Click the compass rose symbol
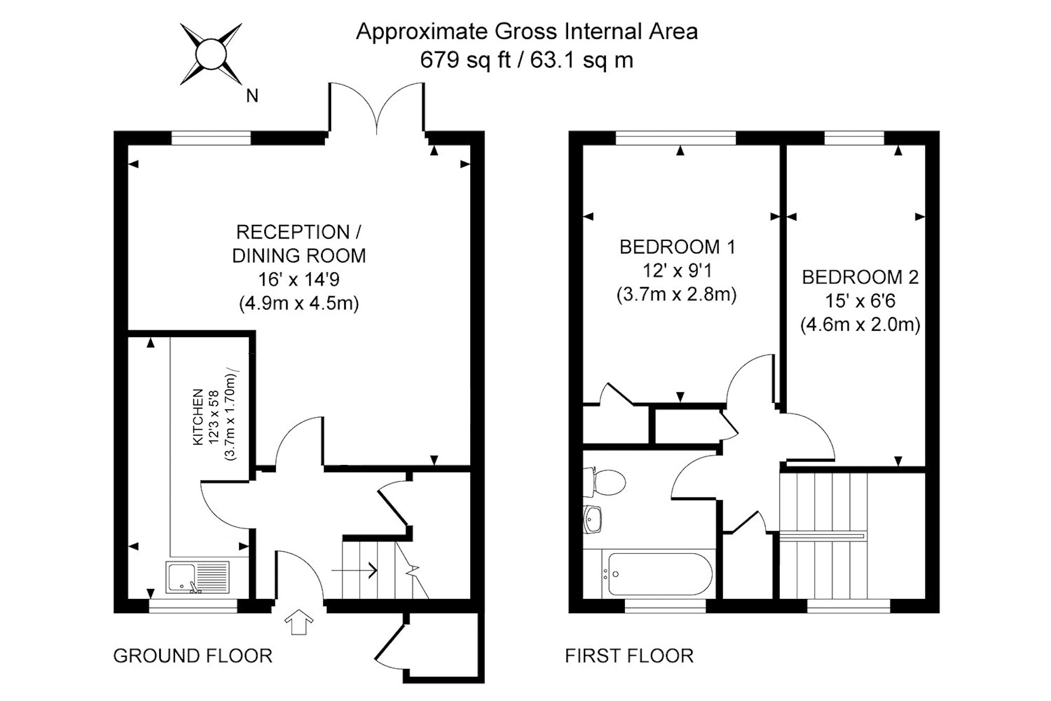(211, 54)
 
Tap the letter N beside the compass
(252, 96)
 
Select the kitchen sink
(198, 577)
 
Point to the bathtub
(657, 574)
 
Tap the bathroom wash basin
(593, 520)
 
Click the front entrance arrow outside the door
(298, 622)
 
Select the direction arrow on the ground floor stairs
(355, 570)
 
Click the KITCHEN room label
(198, 417)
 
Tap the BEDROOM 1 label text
(677, 247)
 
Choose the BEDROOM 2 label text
(860, 277)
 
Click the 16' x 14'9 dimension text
(298, 279)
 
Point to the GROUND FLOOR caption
(193, 656)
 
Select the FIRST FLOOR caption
(629, 656)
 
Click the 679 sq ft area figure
(465, 60)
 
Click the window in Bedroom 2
(854, 138)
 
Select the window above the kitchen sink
(193, 606)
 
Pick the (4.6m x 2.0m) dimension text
(860, 324)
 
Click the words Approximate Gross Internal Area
(527, 32)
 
